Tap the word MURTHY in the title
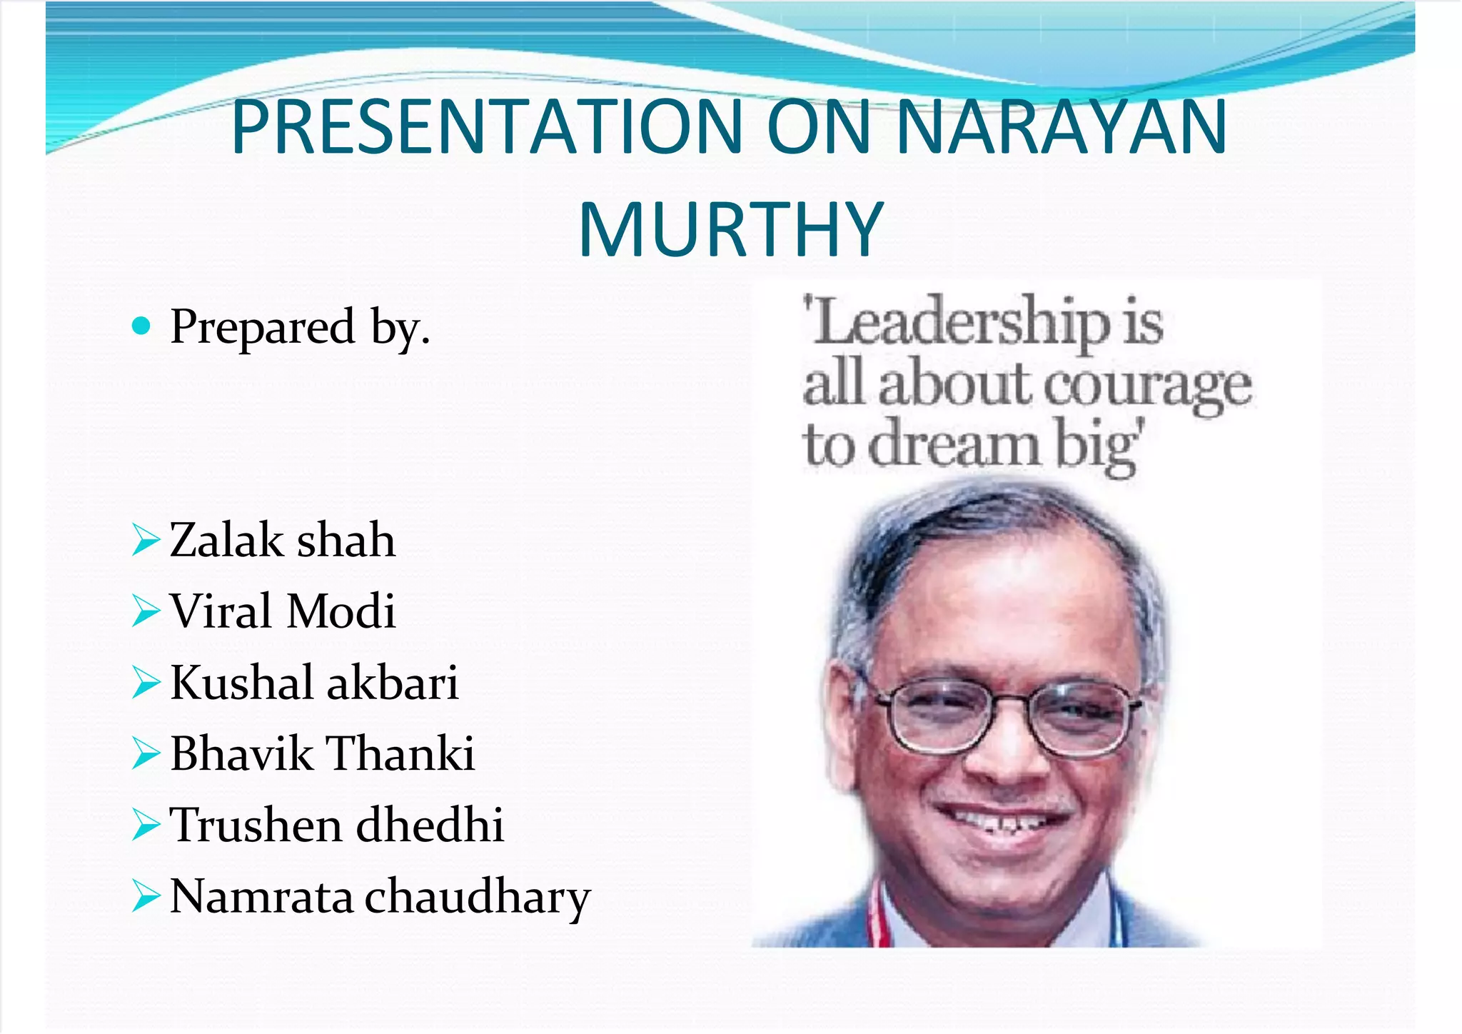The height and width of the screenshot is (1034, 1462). [731, 230]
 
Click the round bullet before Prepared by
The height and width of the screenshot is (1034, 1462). [142, 326]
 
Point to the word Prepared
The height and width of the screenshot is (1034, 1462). [262, 326]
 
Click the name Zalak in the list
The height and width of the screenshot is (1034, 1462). [227, 540]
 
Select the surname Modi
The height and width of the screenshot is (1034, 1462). [341, 611]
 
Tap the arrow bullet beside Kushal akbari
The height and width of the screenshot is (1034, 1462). [146, 683]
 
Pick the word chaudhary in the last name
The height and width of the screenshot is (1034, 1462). [478, 898]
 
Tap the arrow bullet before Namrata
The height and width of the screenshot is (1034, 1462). [146, 897]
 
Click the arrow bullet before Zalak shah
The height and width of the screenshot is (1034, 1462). [146, 540]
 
